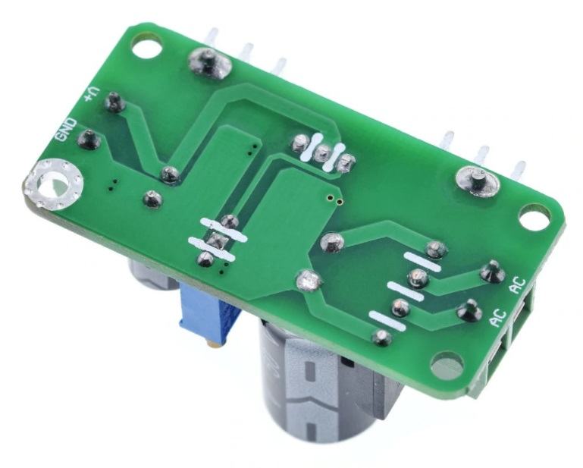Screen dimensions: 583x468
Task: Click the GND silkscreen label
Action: (66, 130)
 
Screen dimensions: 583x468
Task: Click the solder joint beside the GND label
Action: (89, 140)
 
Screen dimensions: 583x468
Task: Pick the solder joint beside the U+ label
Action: (114, 102)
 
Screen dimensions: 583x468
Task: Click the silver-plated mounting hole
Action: (53, 184)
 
